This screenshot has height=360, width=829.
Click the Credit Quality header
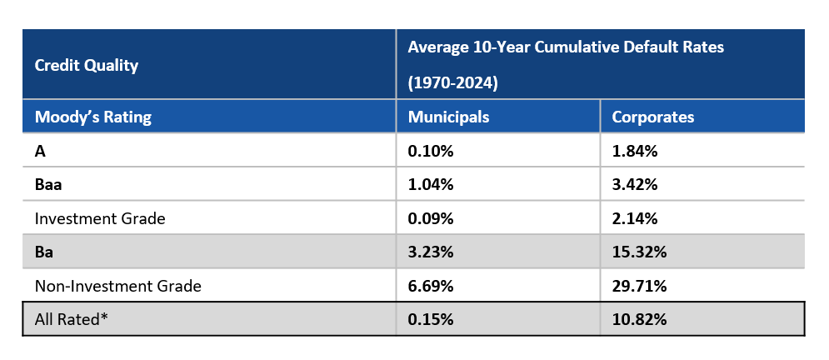87,66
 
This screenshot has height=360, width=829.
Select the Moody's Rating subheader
93,117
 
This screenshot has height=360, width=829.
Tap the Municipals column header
448,117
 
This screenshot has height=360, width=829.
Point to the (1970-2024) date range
452,84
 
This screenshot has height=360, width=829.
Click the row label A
39,151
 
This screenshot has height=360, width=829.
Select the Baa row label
47,185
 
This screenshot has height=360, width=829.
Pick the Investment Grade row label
100,218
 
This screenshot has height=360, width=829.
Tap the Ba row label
43,252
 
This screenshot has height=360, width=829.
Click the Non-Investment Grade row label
117,286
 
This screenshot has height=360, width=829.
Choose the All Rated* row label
71,319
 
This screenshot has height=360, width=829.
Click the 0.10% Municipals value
431,151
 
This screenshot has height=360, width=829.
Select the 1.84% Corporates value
635,151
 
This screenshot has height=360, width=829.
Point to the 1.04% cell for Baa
431,185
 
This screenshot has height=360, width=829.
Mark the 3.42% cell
635,185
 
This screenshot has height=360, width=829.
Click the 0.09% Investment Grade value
431,218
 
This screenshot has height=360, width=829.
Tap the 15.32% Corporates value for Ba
639,252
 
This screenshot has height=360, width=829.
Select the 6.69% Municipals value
431,286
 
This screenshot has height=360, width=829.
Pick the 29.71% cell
639,286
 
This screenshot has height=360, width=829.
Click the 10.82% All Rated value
639,319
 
